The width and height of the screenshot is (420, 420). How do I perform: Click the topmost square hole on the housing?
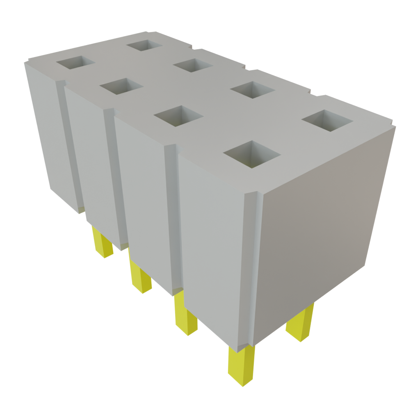144,45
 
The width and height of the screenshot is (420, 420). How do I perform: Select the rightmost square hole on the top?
327,120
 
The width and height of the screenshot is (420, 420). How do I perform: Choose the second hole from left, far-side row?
192,65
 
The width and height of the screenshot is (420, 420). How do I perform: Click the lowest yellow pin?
241,365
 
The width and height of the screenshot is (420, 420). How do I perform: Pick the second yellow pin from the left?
140,276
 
